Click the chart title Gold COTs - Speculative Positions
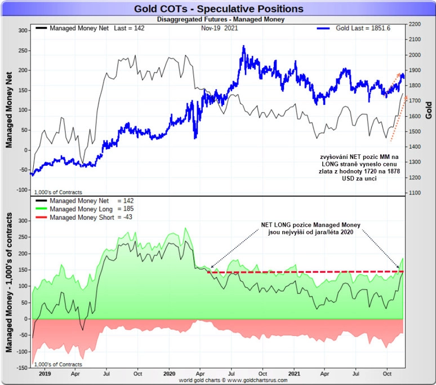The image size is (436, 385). [219, 9]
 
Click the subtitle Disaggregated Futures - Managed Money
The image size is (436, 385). [218, 19]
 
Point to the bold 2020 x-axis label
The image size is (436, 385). [170, 373]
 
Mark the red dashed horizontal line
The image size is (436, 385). [304, 272]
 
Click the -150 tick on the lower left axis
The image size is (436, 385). [20, 368]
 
